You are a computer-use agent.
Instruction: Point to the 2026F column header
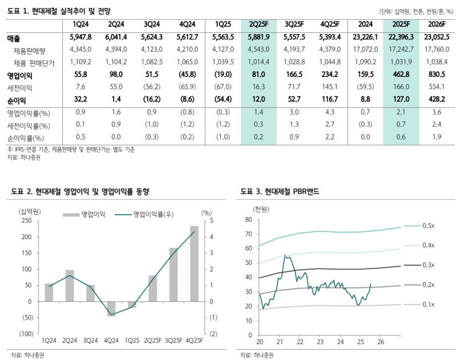coord(437,24)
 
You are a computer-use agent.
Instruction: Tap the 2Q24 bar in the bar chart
coord(70,286)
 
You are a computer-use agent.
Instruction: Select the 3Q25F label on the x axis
coord(173,341)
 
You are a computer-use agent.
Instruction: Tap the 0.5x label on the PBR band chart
coord(429,226)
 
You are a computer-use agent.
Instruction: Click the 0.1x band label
coord(429,304)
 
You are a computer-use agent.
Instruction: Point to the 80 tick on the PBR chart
coord(249,219)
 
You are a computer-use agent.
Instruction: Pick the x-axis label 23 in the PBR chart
coord(320,342)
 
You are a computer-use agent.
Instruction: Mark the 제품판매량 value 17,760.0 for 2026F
coord(437,49)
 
